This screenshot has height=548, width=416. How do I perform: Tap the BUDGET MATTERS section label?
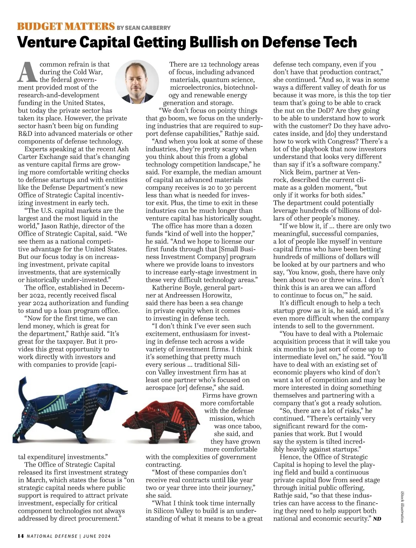tap(66, 26)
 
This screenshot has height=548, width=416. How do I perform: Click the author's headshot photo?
tap(137, 82)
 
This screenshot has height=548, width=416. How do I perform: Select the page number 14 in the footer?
tap(21, 536)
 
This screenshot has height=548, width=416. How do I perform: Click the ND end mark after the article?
tap(377, 519)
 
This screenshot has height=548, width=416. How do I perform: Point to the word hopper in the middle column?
tap(242, 234)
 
